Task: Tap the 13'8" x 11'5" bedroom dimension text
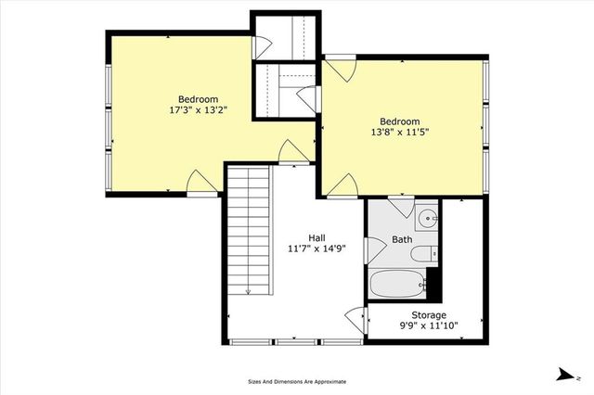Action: [399, 133]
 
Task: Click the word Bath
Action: [402, 239]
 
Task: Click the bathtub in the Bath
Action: [396, 285]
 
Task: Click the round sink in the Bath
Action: [427, 220]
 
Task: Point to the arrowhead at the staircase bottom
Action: [249, 291]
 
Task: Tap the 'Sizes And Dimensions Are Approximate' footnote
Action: [297, 381]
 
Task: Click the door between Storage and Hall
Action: [355, 319]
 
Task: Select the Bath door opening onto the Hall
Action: [374, 248]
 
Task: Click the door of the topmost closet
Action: [262, 45]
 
